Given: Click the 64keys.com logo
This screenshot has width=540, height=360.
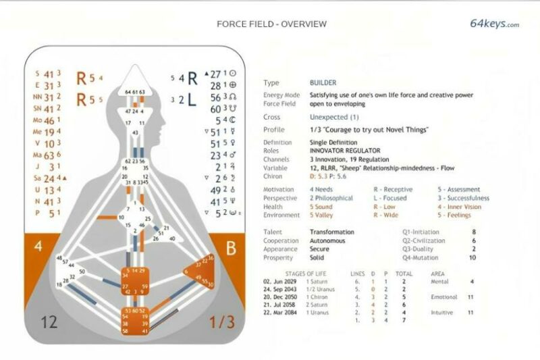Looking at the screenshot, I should pos(494,24).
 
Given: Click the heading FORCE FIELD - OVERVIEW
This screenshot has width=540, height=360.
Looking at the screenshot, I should pos(271,24).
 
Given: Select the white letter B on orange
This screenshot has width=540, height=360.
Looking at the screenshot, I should pos(231,249).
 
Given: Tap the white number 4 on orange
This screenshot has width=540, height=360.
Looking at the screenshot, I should pos(38,246).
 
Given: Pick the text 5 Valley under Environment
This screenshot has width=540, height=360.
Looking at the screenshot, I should pos(323,215).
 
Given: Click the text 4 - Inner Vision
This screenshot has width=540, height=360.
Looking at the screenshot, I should pos(460,207).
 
